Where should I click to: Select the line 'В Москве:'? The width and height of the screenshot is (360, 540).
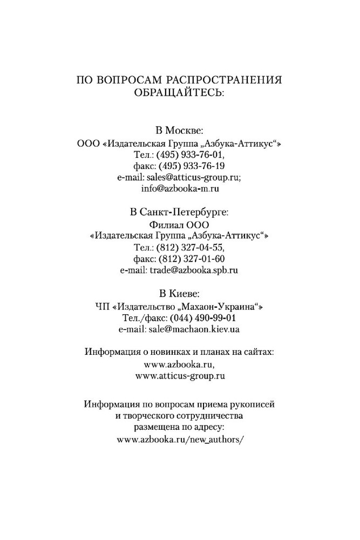[x=180, y=132]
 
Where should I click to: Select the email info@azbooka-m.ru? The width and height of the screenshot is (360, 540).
[x=180, y=189]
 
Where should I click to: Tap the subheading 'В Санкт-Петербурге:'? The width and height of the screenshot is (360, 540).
[x=180, y=213]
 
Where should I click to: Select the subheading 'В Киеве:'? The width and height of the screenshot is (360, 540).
[x=180, y=294]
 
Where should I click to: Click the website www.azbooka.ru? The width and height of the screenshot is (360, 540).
[x=180, y=364]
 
